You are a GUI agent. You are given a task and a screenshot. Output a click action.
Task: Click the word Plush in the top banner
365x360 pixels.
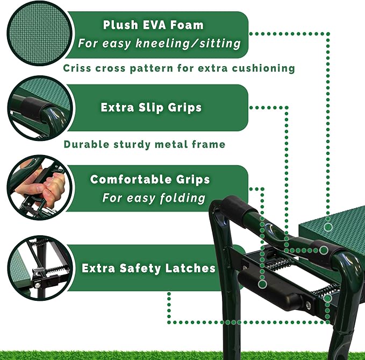click(121, 25)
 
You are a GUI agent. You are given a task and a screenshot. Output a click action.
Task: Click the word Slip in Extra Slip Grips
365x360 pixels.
click(156, 108)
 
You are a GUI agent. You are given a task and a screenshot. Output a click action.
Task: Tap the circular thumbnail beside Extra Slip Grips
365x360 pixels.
click(38, 108)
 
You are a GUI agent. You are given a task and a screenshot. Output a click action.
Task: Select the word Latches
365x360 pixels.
click(188, 268)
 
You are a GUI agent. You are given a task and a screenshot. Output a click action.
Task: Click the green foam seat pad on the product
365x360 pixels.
click(339, 229)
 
